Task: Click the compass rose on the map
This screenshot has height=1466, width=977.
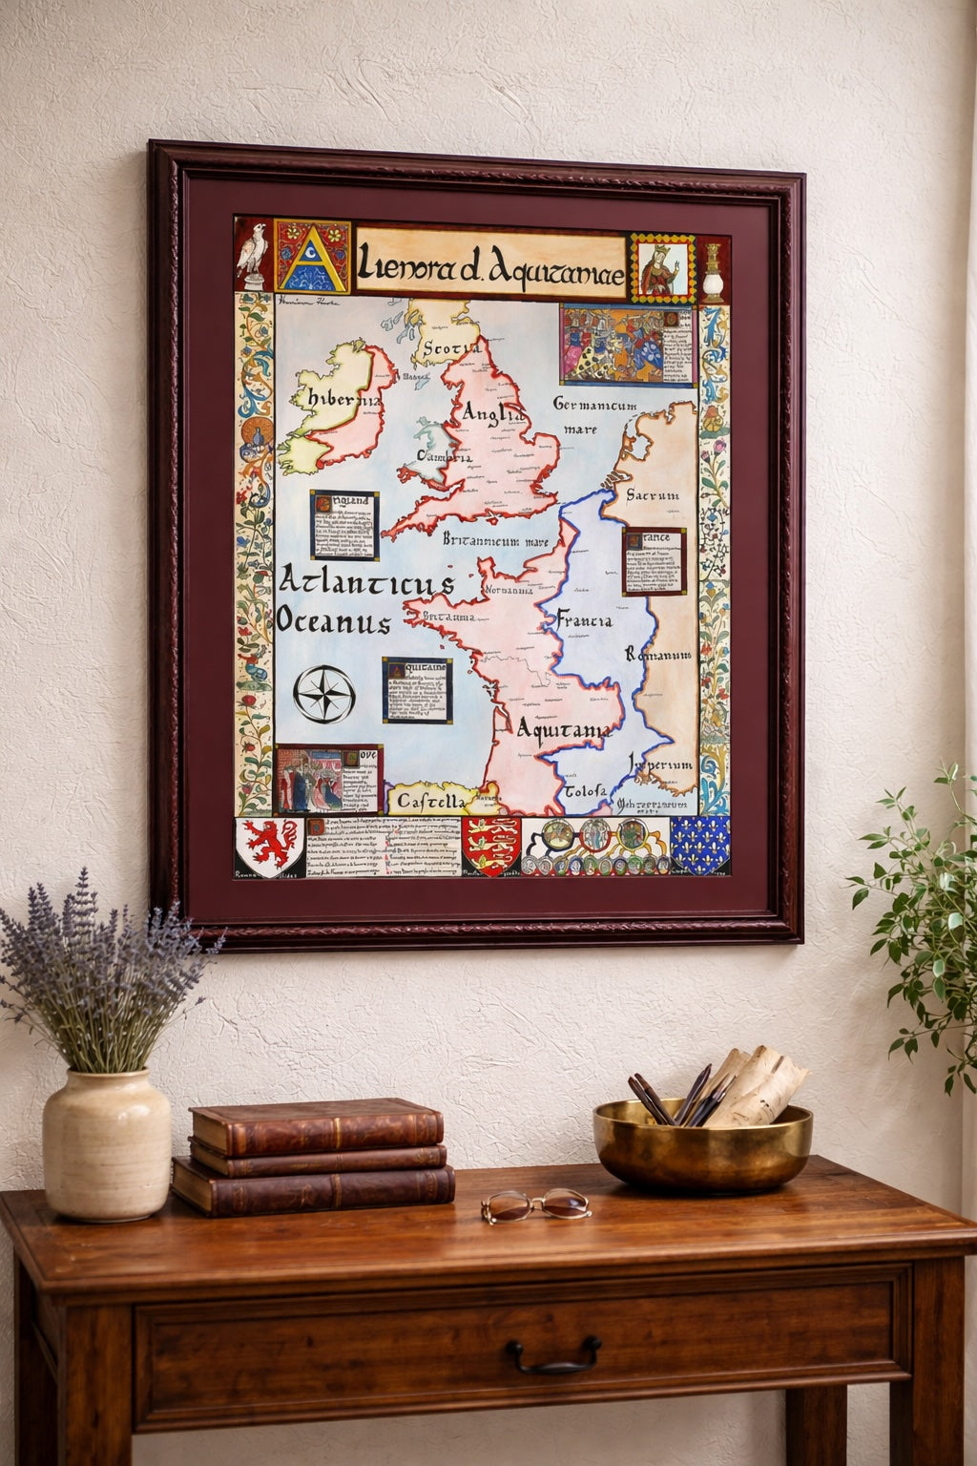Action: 323,694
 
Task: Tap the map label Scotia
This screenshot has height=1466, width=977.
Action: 450,348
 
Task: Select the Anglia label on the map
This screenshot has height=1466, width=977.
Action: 492,413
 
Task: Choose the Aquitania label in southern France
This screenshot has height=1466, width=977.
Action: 563,729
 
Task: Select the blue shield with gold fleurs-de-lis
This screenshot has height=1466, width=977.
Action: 699,845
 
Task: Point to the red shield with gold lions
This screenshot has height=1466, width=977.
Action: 490,845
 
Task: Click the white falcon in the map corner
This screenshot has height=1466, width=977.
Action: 253,251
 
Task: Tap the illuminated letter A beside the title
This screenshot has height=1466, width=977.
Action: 311,255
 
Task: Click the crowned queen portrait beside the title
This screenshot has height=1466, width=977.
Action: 661,267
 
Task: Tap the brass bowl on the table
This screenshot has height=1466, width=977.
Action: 701,1145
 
